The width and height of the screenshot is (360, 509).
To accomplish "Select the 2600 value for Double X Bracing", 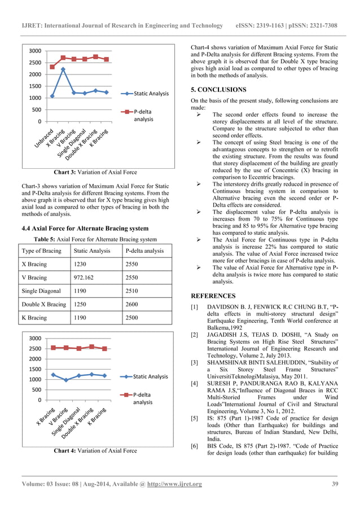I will [x=135, y=304].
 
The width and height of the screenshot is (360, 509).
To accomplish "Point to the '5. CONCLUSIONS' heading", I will [x=218, y=90].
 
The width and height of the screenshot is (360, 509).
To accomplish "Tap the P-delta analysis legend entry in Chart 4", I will [x=143, y=398].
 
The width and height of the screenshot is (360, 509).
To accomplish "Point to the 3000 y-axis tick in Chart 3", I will [x=34, y=51].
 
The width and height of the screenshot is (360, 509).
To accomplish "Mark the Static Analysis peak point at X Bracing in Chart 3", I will [x=63, y=69].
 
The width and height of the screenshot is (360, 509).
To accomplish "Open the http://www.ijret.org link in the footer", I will [x=174, y=484].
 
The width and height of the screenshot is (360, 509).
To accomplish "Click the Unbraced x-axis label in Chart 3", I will [x=45, y=136].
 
